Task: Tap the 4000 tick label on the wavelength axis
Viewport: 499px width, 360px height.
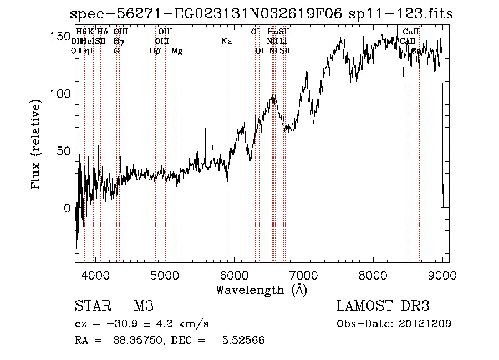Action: [x=95, y=275]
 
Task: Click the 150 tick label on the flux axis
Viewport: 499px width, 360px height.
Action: [x=60, y=37]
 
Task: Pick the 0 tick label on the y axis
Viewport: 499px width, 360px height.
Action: [x=67, y=209]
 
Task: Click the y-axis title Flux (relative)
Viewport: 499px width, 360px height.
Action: [x=37, y=145]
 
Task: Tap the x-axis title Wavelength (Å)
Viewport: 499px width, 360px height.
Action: [x=261, y=290]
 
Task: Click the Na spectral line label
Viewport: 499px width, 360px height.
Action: [x=226, y=41]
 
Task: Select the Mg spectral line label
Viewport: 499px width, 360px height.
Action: [x=176, y=50]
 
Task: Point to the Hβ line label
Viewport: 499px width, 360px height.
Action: [x=155, y=50]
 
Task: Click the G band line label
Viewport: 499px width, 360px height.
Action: [x=116, y=50]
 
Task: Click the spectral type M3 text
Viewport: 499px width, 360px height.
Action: [x=143, y=306]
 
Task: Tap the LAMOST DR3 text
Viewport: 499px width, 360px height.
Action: [x=383, y=306]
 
